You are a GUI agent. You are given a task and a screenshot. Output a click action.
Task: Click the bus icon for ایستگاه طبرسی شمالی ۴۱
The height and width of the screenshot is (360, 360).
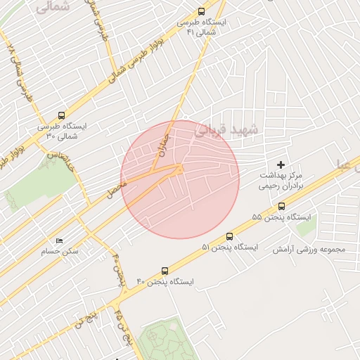point(202,11)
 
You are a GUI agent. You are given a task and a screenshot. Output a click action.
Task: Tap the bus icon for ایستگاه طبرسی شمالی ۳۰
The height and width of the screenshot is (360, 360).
point(61,115)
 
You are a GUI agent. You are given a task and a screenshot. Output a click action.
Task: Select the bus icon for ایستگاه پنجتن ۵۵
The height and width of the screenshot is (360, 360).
point(282,206)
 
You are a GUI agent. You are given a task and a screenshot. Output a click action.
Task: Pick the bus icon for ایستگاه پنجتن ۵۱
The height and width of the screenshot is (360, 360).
point(229,236)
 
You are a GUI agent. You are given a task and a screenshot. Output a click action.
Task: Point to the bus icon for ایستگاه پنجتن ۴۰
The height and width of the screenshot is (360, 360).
point(165,270)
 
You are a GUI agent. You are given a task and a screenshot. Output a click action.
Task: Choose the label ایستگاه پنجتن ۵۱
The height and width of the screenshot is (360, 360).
point(229,247)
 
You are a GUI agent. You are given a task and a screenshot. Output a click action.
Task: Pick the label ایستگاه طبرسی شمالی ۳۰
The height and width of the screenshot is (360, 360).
point(63,131)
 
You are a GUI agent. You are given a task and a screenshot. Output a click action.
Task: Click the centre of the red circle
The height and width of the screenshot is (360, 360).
point(180,179)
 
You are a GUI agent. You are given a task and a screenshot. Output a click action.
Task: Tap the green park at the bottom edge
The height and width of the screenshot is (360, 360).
point(166,345)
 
